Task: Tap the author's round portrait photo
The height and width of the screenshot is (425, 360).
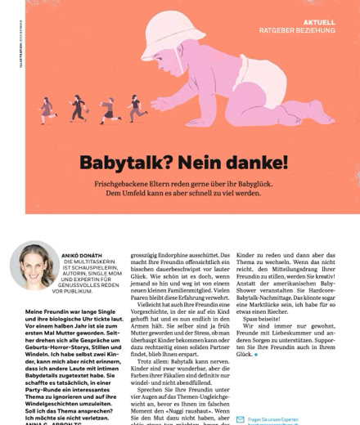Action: point(34,265)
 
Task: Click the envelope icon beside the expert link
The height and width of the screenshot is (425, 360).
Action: point(240,419)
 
